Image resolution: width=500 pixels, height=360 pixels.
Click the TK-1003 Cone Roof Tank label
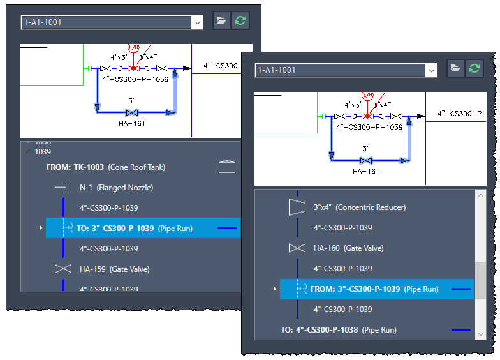pos(106,167)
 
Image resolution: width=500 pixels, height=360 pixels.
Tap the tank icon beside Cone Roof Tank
pos(227,166)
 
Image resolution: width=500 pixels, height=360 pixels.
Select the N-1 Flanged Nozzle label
pos(116,188)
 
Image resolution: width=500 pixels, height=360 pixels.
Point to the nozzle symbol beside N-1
pos(63,187)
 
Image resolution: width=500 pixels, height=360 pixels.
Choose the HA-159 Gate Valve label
pos(115,269)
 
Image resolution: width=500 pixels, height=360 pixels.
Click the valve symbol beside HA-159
pos(63,269)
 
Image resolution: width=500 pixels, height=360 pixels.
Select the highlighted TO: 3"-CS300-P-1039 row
pos(143,228)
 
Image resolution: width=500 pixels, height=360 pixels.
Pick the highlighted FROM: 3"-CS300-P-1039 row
pos(378,289)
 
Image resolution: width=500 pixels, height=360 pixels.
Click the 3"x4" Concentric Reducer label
pos(360,207)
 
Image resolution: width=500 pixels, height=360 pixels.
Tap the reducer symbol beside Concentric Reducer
pos(297,207)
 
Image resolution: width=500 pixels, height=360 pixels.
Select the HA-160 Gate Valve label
pos(348,248)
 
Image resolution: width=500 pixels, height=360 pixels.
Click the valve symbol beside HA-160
pos(297,248)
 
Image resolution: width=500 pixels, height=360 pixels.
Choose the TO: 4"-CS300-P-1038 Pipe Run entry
pos(338,329)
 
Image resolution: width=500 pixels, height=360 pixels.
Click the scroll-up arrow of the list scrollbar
pos(481,195)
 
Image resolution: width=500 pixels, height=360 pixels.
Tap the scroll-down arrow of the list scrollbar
pos(481,334)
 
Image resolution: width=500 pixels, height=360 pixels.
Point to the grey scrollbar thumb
pos(481,281)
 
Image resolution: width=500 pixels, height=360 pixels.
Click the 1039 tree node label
pos(43,152)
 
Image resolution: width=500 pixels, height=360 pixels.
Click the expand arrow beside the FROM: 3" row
pos(275,289)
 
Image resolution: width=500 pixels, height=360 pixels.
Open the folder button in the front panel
pos(455,68)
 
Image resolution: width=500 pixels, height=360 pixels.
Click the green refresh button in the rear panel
pos(240,20)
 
